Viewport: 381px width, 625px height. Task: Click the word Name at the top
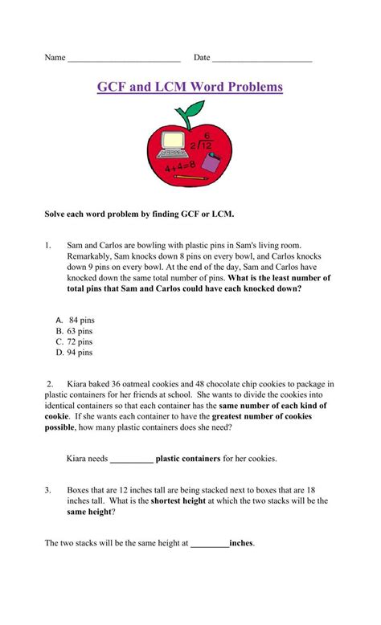55,58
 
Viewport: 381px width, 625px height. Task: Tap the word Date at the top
202,58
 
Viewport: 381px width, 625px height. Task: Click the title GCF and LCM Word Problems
190,87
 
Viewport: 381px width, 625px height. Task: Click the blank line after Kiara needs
131,460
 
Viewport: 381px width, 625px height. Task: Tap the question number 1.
48,244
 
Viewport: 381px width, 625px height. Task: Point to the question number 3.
48,489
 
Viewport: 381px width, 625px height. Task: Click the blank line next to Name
124,59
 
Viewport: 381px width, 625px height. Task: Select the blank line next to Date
262,59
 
